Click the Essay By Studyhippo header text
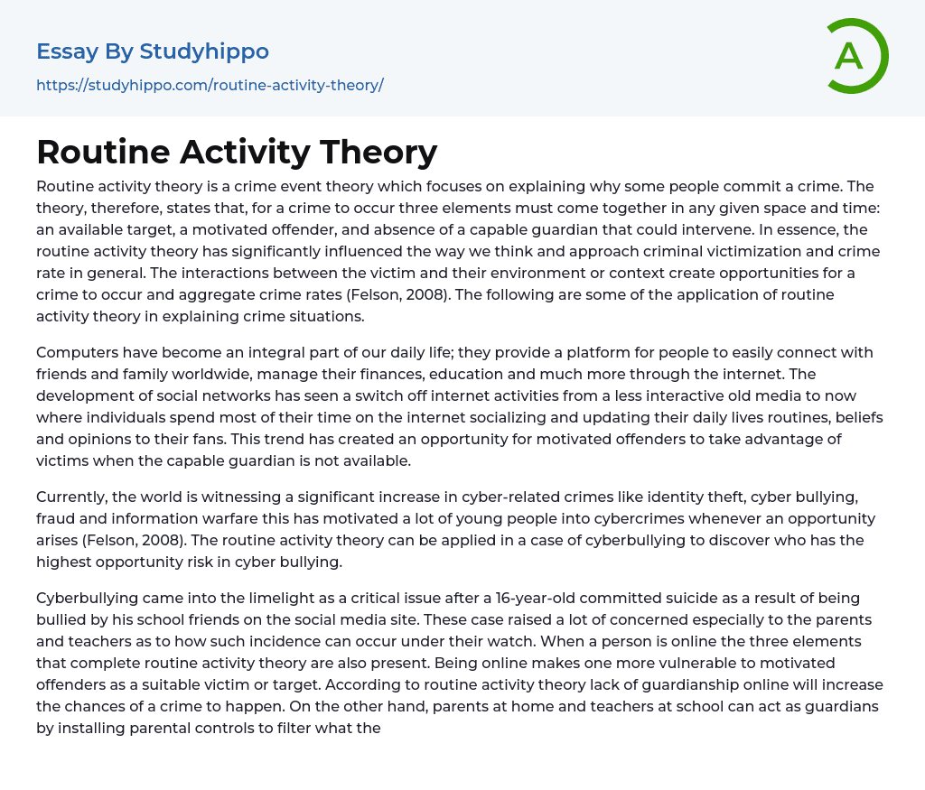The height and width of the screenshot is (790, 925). point(153,51)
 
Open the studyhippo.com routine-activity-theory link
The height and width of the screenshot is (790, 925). point(210,85)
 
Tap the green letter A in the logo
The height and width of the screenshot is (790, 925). point(848,56)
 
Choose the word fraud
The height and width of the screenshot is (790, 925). point(56,519)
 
